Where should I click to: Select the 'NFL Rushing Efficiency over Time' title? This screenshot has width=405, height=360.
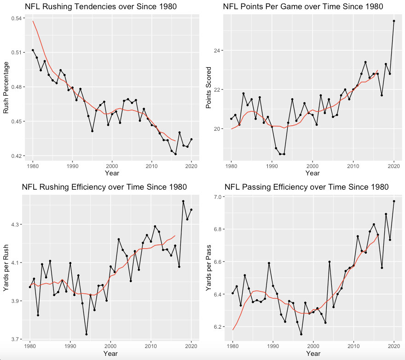point(104,187)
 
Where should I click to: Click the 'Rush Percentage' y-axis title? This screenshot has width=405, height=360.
point(6,87)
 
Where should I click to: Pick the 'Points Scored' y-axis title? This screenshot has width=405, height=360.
point(208,87)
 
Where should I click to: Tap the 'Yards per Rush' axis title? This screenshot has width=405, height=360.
point(6,267)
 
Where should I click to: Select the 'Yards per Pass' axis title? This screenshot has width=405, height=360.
point(208,267)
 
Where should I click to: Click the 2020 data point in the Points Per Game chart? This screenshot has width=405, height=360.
point(394,21)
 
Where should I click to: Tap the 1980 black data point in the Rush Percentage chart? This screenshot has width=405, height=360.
point(33,50)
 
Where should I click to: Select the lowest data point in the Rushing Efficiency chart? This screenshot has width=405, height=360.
point(87,334)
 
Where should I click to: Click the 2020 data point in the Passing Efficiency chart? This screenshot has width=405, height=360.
point(394,201)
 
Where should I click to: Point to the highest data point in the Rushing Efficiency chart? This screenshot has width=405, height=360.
point(183,201)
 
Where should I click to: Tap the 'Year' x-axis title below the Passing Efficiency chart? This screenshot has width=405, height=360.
point(313,354)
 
